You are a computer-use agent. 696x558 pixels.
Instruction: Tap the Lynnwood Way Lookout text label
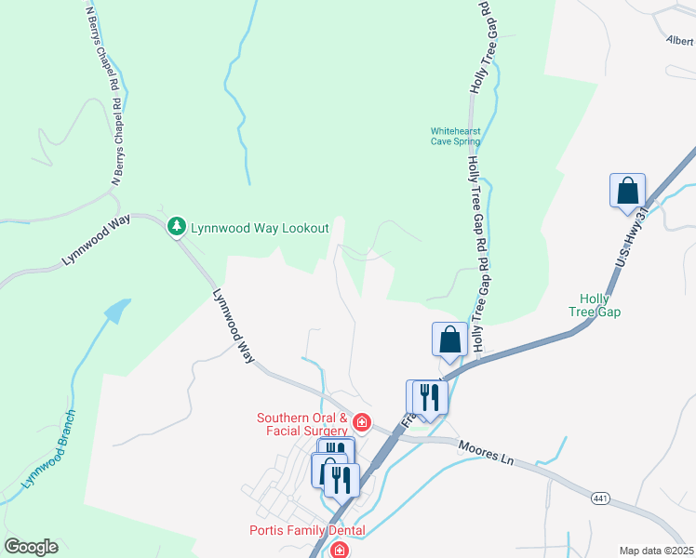[x=260, y=227]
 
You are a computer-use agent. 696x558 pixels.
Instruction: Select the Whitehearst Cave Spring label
[x=456, y=137]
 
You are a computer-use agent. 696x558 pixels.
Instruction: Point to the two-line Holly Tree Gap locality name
[x=600, y=305]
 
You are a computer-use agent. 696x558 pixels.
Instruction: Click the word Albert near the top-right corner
[x=680, y=41]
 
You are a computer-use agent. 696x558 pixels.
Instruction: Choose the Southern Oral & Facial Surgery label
[x=302, y=424]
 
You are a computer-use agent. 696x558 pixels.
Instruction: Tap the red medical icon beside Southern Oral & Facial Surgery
[x=361, y=426]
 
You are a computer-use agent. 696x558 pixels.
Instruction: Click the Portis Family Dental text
[x=306, y=531]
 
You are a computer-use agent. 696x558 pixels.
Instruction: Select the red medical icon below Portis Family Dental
[x=340, y=551]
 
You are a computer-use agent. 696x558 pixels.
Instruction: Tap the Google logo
[x=31, y=547]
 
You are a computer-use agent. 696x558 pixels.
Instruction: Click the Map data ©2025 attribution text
[x=656, y=551]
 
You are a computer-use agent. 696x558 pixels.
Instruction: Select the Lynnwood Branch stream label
[x=48, y=452]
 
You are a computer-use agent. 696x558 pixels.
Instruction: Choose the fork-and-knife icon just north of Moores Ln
[x=429, y=397]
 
